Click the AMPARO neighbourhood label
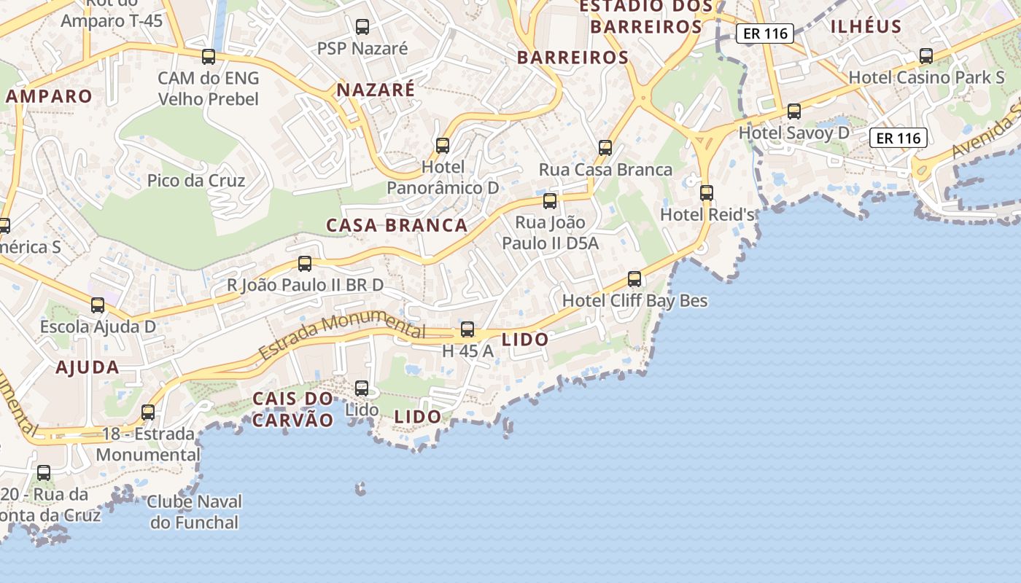[x=50, y=96]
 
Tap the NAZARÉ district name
[x=376, y=90]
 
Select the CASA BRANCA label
[x=397, y=225]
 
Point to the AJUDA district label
[x=88, y=367]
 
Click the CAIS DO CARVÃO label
[x=292, y=409]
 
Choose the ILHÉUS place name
[x=866, y=26]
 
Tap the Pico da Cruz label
[x=196, y=180]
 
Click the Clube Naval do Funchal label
[x=195, y=512]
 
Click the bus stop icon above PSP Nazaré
[x=362, y=27]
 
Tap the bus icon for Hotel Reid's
[x=706, y=193]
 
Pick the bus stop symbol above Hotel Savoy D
[x=794, y=111]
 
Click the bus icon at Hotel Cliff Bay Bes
[x=634, y=279]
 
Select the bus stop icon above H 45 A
[x=467, y=329]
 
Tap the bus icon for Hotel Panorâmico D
[x=443, y=145]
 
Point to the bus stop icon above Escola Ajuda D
[x=98, y=305]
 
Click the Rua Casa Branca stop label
[x=605, y=170]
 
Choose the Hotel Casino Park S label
[x=926, y=77]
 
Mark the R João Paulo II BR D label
[x=305, y=285]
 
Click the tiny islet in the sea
[x=360, y=488]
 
